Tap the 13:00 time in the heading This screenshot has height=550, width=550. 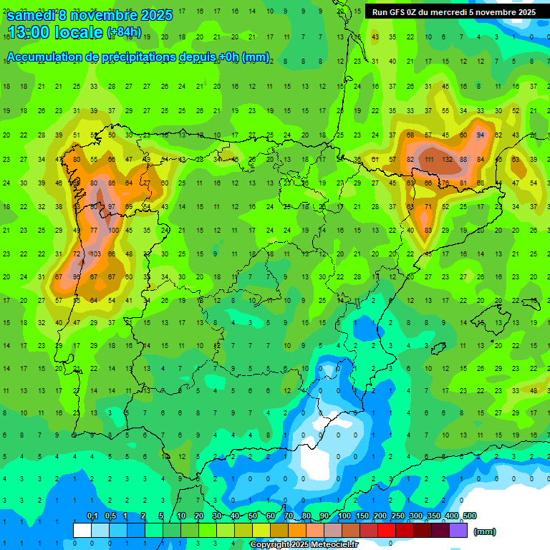[x=32, y=32]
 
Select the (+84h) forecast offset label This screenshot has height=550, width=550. [x=124, y=32]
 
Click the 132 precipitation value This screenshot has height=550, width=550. [x=451, y=159]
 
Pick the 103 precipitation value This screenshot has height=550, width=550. [x=95, y=254]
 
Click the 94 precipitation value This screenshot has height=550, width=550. [x=481, y=135]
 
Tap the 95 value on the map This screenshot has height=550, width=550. [x=77, y=277]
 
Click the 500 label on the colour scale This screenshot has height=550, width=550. [x=469, y=516]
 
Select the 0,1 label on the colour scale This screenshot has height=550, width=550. [x=92, y=516]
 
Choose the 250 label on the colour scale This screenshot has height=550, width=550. [x=397, y=516]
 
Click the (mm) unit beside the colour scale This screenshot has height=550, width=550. [x=485, y=531]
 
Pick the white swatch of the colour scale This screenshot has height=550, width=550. [x=82, y=530]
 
